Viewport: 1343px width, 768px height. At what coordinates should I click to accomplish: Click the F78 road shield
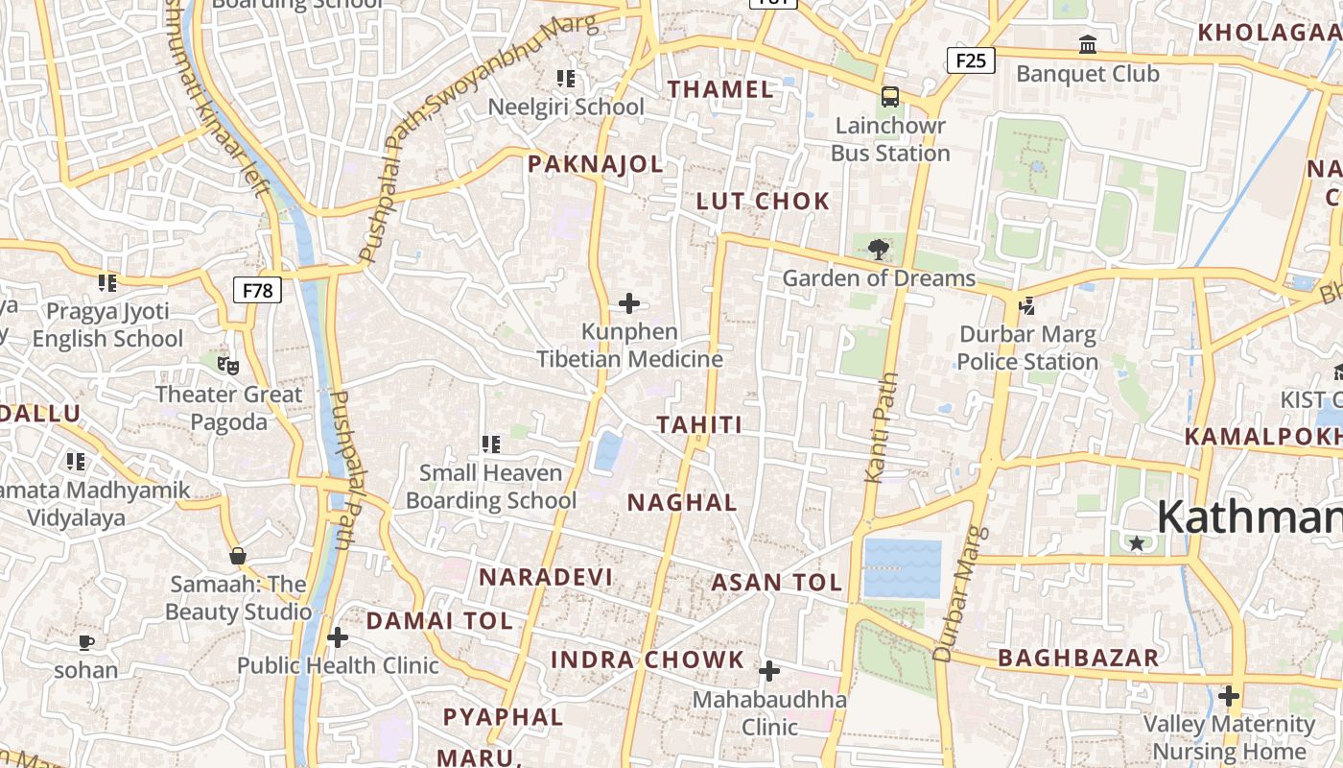(x=257, y=290)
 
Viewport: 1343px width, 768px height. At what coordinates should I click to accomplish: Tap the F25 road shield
(x=971, y=61)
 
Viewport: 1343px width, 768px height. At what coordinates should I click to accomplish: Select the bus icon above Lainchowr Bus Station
(x=890, y=96)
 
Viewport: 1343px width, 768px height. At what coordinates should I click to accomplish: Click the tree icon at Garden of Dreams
(x=878, y=251)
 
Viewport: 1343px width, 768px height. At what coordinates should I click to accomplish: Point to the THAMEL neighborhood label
(x=720, y=89)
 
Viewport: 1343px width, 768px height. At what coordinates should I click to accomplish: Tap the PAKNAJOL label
(x=596, y=164)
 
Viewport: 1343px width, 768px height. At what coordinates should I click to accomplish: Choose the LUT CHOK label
(x=763, y=202)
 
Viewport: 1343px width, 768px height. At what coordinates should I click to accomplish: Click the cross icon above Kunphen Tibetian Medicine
(x=629, y=304)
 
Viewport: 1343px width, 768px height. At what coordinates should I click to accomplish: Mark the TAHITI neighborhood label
(x=699, y=425)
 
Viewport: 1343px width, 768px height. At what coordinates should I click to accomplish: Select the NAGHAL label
(x=682, y=502)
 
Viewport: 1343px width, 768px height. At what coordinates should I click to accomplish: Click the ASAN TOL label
(x=777, y=582)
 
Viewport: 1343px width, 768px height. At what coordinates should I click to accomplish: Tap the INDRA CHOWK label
(x=648, y=660)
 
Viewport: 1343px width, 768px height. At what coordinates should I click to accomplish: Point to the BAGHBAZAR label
(x=1078, y=659)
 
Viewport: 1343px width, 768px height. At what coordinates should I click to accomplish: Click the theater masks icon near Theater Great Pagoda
(x=227, y=365)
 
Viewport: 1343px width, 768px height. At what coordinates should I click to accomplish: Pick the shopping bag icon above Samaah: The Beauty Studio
(x=237, y=556)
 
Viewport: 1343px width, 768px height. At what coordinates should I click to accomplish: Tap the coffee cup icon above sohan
(x=85, y=642)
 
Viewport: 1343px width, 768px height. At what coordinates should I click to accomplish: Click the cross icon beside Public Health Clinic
(x=337, y=637)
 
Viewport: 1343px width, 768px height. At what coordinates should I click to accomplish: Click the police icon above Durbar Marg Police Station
(x=1026, y=306)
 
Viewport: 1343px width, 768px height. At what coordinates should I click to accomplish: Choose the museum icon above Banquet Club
(x=1088, y=44)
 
